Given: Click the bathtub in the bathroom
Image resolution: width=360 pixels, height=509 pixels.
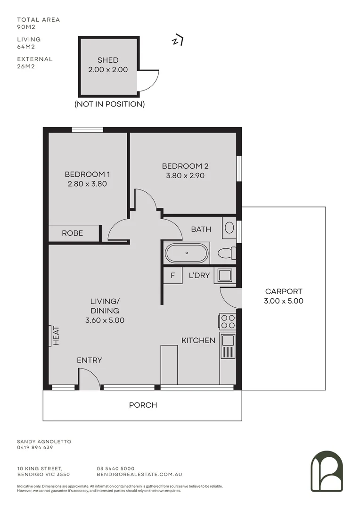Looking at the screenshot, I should [187, 253].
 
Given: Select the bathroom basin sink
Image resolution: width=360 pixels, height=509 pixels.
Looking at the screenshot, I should [229, 228].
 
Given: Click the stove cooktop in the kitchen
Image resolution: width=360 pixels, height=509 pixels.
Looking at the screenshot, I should [228, 321].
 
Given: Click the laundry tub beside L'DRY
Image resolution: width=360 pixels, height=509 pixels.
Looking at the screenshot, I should [222, 275].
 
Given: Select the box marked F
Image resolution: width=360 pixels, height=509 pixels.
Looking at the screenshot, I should [172, 275].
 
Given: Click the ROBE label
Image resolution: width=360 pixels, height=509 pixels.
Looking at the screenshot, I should [72, 233].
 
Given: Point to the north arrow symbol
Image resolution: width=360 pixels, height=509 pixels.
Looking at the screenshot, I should [177, 41].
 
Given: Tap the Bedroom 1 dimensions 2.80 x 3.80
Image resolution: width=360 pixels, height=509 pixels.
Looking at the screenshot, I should [88, 184].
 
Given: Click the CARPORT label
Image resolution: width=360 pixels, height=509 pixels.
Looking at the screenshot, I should [283, 292].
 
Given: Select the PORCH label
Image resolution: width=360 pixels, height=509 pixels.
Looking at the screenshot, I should [143, 405].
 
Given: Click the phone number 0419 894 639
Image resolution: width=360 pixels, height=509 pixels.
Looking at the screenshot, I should [35, 448].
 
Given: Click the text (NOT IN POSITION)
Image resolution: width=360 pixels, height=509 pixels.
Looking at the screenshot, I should [109, 104].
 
